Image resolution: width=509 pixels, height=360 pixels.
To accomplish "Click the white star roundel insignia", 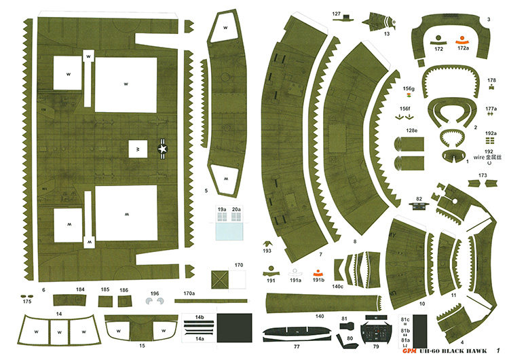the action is [x=163, y=147].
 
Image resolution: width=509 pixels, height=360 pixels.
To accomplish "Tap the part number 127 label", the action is [x=337, y=14].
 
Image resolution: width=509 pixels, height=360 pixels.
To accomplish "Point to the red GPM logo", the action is [x=408, y=350].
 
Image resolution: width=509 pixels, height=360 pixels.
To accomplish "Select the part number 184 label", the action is [x=80, y=290].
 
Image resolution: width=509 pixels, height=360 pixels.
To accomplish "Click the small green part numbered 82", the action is [x=419, y=206].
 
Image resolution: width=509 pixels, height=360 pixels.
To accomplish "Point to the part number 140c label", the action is [x=337, y=287].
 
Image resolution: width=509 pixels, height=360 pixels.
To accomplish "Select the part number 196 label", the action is [x=155, y=293].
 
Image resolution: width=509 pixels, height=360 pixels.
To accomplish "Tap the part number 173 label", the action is [x=482, y=175].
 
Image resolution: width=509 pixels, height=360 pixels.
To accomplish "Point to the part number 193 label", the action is [x=267, y=250].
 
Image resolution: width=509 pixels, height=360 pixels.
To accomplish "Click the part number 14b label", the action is [x=200, y=317].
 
